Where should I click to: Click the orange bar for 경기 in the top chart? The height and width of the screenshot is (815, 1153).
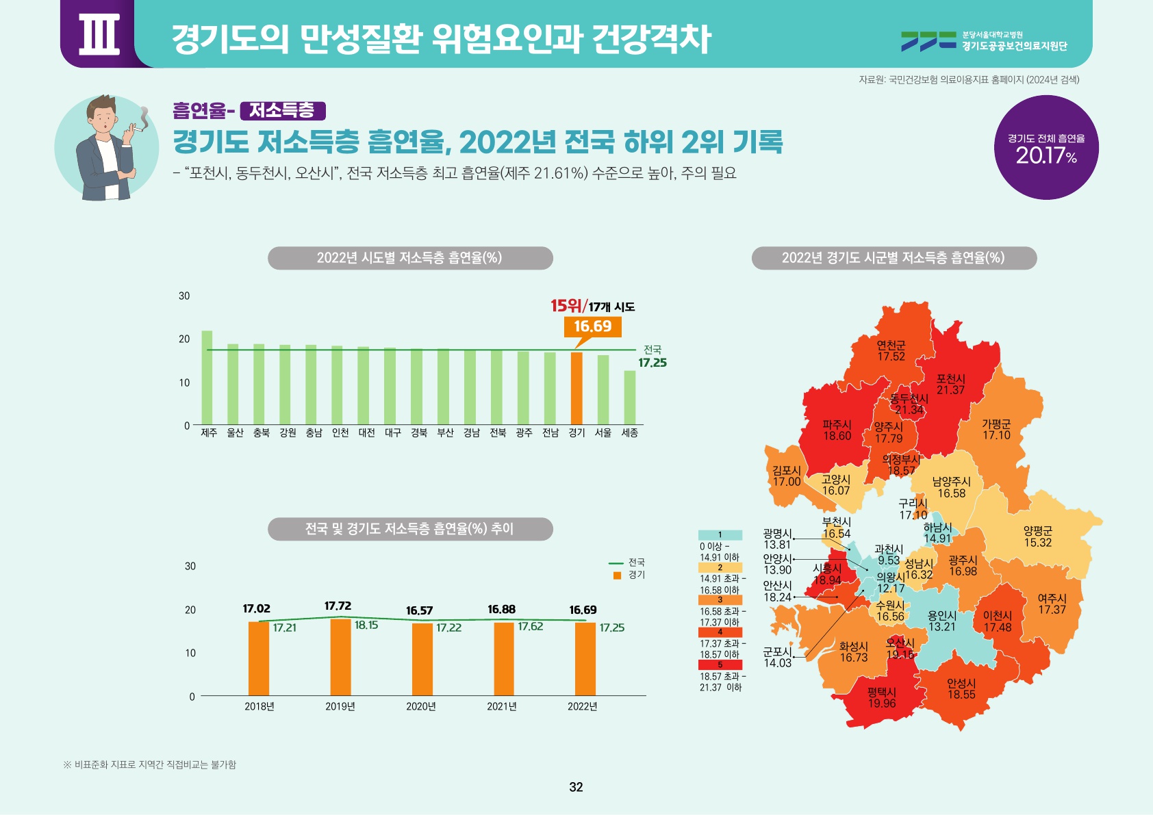click(x=576, y=388)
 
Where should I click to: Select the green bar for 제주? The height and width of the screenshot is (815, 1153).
click(x=207, y=378)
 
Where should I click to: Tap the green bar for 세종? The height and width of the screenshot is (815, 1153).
click(x=629, y=398)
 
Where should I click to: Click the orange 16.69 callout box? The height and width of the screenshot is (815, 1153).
click(x=592, y=326)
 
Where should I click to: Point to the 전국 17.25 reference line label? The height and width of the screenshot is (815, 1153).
click(x=652, y=357)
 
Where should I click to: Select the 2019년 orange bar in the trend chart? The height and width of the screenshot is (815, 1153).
click(x=340, y=657)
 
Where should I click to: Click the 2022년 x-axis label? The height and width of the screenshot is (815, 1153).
click(x=582, y=706)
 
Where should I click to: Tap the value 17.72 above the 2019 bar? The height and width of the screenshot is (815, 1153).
click(x=338, y=606)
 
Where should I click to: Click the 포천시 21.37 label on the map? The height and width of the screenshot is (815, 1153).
click(x=950, y=385)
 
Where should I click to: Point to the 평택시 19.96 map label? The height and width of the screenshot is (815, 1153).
click(x=881, y=698)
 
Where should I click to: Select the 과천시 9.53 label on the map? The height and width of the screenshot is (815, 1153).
click(x=889, y=555)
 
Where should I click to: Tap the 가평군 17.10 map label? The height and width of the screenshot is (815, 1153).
click(x=996, y=430)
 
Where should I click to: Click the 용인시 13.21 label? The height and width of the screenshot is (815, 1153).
click(x=941, y=621)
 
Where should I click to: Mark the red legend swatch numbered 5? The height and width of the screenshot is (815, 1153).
click(x=720, y=664)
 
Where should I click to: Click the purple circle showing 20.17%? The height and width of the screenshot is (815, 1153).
click(x=1046, y=148)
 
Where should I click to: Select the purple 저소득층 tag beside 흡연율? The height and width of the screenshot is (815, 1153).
click(x=282, y=111)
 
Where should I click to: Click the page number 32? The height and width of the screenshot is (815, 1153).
click(x=576, y=787)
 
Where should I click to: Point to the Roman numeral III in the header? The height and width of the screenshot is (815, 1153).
click(x=99, y=34)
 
